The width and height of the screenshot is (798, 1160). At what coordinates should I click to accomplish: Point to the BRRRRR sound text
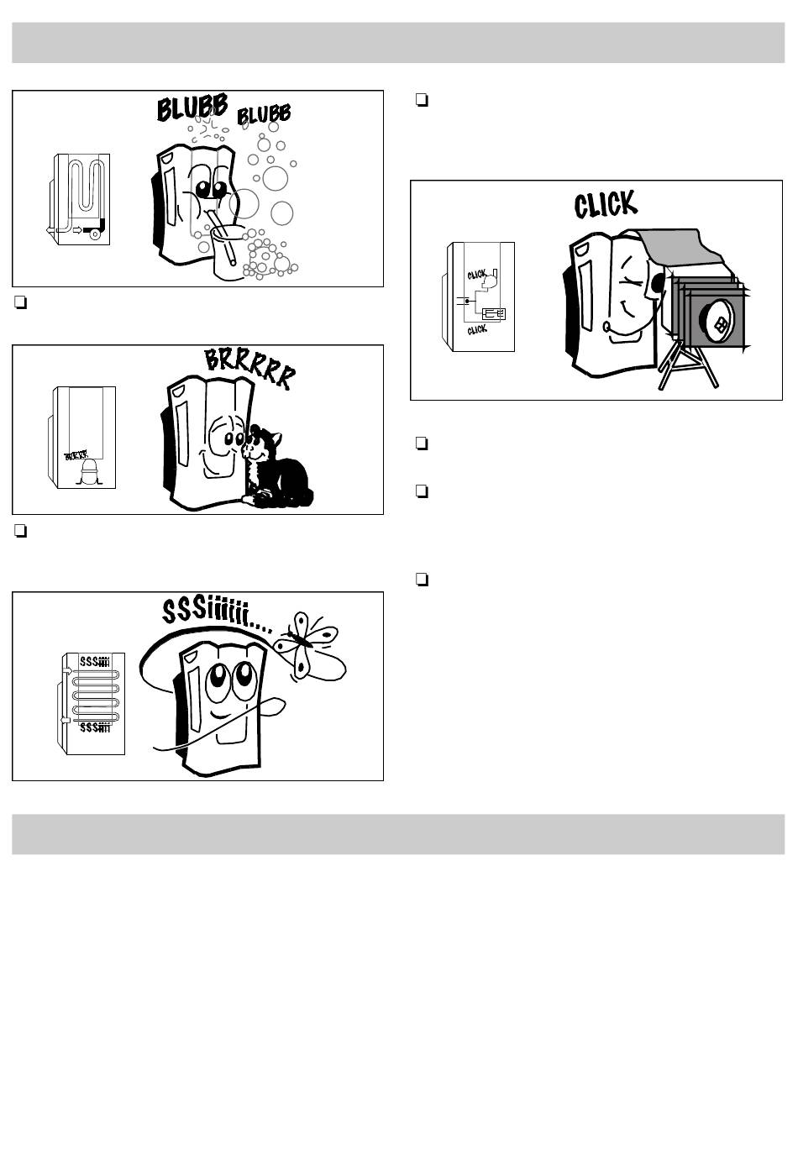pyautogui.click(x=250, y=368)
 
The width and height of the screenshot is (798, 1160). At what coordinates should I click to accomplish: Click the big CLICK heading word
pyautogui.click(x=605, y=203)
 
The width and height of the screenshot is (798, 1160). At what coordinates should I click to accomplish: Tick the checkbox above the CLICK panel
pyautogui.click(x=423, y=101)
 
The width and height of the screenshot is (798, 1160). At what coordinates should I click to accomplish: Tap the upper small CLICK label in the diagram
pyautogui.click(x=477, y=275)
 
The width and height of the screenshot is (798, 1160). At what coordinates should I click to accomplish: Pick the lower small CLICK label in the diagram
pyautogui.click(x=477, y=330)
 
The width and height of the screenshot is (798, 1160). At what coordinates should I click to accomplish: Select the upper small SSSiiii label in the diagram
pyautogui.click(x=94, y=661)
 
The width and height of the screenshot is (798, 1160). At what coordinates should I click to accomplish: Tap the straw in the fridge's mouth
pyautogui.click(x=214, y=220)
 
